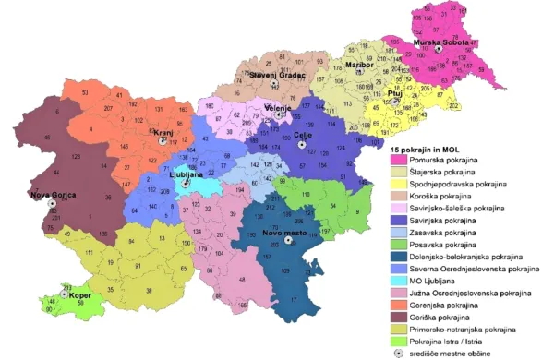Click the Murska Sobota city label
[440, 43]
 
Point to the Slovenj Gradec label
[273, 73]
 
